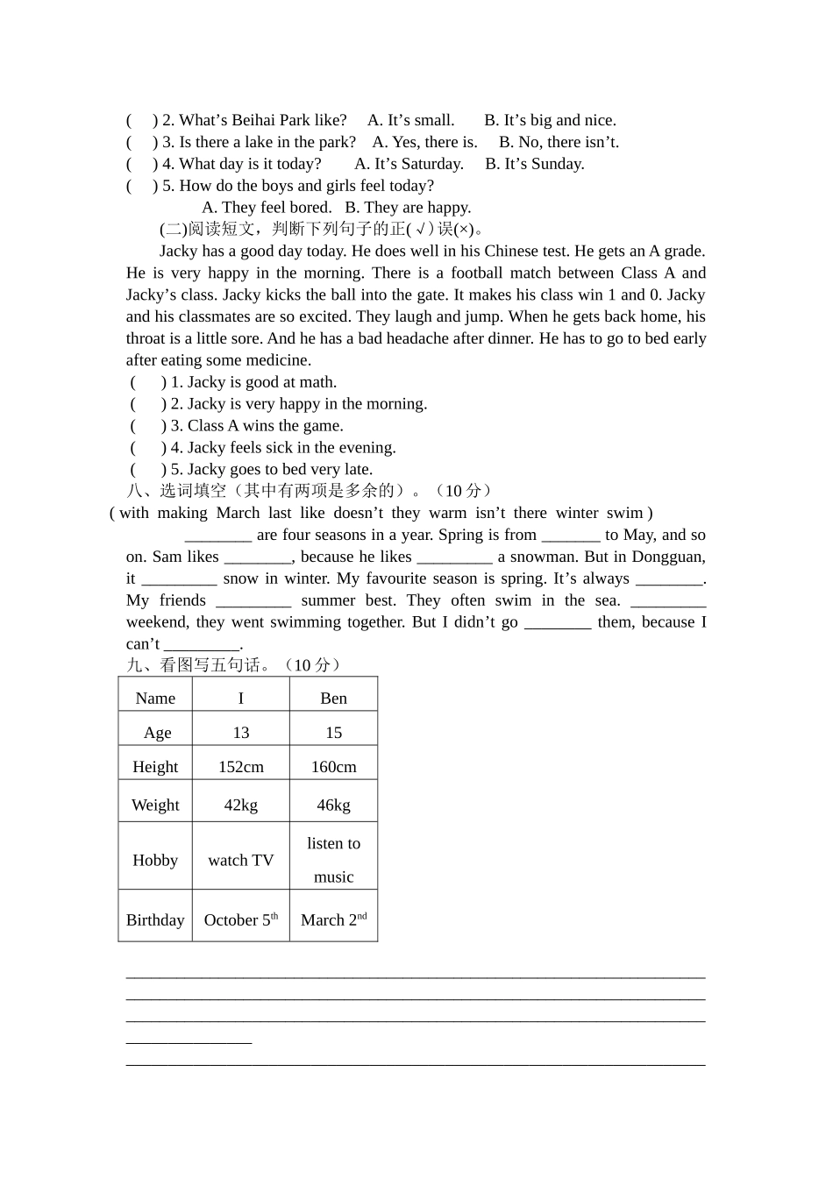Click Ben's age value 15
333,733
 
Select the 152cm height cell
241,767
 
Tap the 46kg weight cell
333,805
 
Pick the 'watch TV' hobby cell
241,860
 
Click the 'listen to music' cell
333,859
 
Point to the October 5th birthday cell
241,919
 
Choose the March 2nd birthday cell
333,919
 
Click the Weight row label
155,805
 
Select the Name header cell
155,699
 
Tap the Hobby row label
155,860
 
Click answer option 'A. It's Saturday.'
409,164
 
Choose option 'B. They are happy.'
408,208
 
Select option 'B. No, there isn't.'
559,142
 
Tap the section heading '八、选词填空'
175,491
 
